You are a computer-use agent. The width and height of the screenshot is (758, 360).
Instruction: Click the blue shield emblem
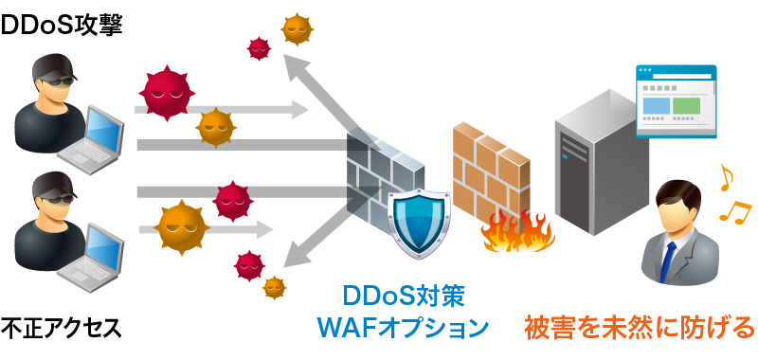coord(420,219)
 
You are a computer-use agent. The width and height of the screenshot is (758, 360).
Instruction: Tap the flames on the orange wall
coord(516,232)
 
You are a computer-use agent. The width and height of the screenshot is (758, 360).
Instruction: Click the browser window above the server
coord(676,99)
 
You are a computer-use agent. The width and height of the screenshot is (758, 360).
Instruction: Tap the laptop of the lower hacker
coord(95,250)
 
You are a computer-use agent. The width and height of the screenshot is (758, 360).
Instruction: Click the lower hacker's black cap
coord(47,184)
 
